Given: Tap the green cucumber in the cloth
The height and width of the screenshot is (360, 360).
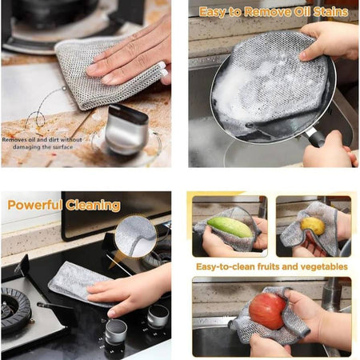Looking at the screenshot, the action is (230, 227).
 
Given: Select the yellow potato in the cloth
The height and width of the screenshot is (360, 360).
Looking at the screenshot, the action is (313, 226).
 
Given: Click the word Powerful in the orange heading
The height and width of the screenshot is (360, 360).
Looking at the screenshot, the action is (34, 206).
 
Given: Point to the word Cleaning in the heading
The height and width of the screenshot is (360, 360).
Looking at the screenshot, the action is (93, 206).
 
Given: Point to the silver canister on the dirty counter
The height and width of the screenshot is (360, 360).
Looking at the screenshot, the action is (126, 130).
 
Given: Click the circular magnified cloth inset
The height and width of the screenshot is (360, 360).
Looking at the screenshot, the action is (136, 237).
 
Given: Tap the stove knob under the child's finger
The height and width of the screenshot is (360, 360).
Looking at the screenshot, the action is (116, 333).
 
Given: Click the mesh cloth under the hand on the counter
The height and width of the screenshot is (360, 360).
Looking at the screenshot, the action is (106, 72).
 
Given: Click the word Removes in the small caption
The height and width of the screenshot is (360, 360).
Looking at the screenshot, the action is (14, 139).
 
